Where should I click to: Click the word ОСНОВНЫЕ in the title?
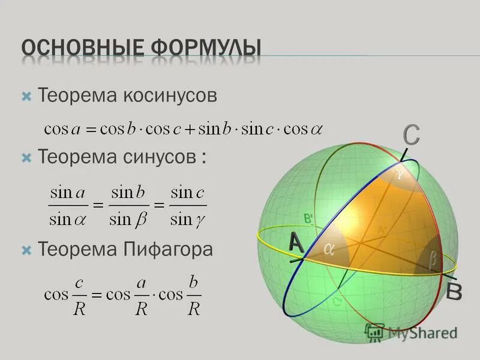[x=77, y=49]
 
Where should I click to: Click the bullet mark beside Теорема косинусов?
[x=26, y=96]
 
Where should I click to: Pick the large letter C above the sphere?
[x=411, y=135]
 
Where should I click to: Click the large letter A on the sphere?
[x=295, y=242]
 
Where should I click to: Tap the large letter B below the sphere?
[x=454, y=293]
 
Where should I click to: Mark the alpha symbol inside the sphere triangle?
[x=329, y=250]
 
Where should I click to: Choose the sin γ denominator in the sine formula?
[x=188, y=220]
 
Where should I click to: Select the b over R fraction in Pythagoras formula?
[x=193, y=295]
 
